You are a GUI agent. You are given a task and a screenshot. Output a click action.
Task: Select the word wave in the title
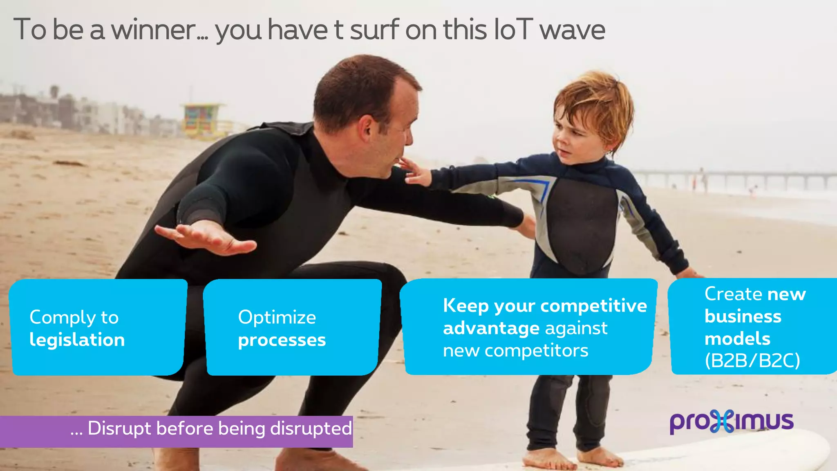pos(572,30)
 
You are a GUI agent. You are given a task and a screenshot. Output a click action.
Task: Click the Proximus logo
pos(731,422)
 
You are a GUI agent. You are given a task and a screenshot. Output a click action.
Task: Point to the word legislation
pos(77,340)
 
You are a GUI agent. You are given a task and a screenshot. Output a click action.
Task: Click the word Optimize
pos(277,317)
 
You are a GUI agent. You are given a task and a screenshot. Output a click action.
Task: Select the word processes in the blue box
pos(282,340)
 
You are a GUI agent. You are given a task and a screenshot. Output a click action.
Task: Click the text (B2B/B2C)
pos(752,360)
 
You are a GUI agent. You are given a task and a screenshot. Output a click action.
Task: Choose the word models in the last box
pos(737,339)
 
